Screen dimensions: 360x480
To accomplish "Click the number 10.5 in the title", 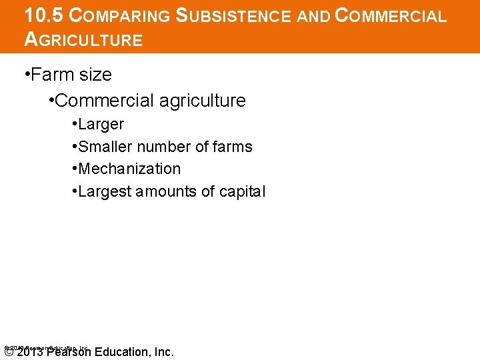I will click(x=45, y=16).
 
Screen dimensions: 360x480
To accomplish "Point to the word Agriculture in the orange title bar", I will click(x=83, y=39).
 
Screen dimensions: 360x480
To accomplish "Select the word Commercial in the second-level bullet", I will click(x=104, y=101).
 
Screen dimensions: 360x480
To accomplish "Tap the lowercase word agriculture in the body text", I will click(x=203, y=101).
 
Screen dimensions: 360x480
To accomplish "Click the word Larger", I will click(x=101, y=124).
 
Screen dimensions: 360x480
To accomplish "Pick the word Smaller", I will click(x=107, y=147).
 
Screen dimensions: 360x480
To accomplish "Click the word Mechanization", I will click(x=129, y=169).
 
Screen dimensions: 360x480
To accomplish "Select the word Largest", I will click(x=105, y=192).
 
